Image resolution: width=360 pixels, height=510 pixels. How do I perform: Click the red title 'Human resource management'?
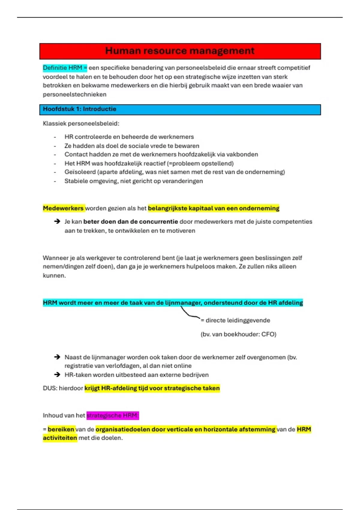(180, 51)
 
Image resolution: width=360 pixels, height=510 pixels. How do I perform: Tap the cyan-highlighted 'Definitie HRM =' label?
(65, 68)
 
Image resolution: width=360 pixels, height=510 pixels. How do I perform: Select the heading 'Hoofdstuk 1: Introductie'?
(79, 109)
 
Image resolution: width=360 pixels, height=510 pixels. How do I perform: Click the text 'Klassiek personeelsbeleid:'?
(81, 124)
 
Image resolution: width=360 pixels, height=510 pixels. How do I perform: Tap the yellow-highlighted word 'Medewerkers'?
(63, 208)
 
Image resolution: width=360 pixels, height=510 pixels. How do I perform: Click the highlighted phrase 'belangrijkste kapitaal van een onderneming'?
(214, 208)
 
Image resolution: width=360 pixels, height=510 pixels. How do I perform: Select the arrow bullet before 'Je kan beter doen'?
(57, 222)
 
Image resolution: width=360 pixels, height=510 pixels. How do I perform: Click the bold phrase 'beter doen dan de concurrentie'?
(130, 222)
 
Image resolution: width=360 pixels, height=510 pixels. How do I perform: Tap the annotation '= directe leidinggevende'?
(235, 320)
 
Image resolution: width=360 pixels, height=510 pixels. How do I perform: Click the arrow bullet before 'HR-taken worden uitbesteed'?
(57, 375)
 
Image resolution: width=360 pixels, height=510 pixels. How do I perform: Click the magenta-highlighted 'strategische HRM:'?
(112, 416)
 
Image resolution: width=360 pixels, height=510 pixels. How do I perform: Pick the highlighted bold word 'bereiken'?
(61, 430)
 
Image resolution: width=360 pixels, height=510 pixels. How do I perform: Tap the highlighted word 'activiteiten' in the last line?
(60, 438)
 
